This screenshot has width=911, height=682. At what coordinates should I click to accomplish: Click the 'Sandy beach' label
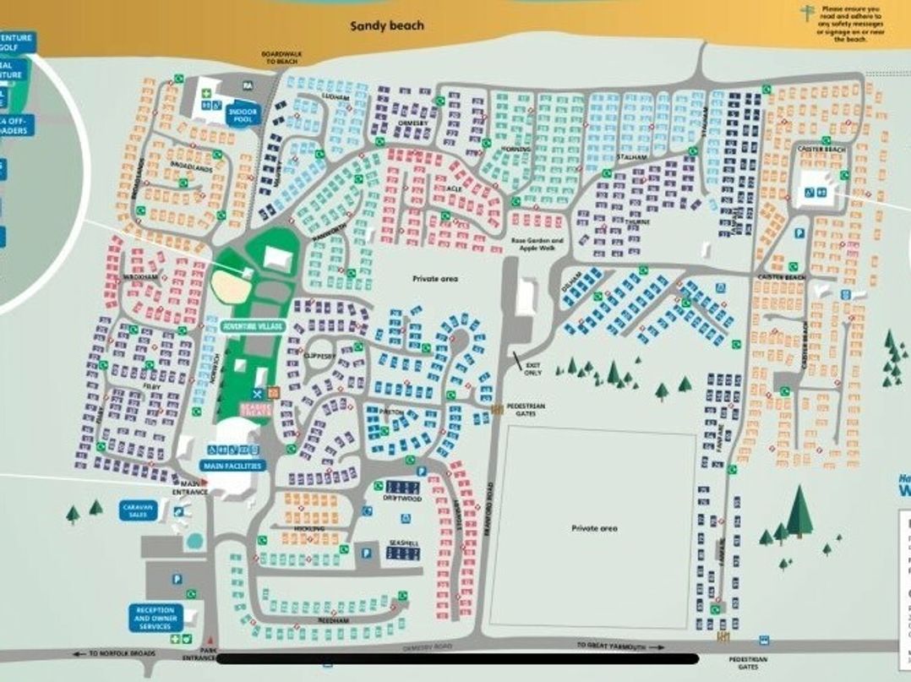pyautogui.click(x=387, y=26)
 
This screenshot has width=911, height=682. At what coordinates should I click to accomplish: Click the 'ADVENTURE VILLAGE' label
pyautogui.click(x=252, y=326)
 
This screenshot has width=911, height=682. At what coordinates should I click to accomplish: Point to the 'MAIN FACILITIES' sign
pyautogui.click(x=233, y=466)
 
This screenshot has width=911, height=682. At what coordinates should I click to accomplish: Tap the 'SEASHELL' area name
pyautogui.click(x=404, y=543)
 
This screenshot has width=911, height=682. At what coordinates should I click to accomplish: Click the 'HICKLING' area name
pyautogui.click(x=310, y=528)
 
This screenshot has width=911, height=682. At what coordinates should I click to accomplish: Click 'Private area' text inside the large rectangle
pyautogui.click(x=593, y=528)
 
